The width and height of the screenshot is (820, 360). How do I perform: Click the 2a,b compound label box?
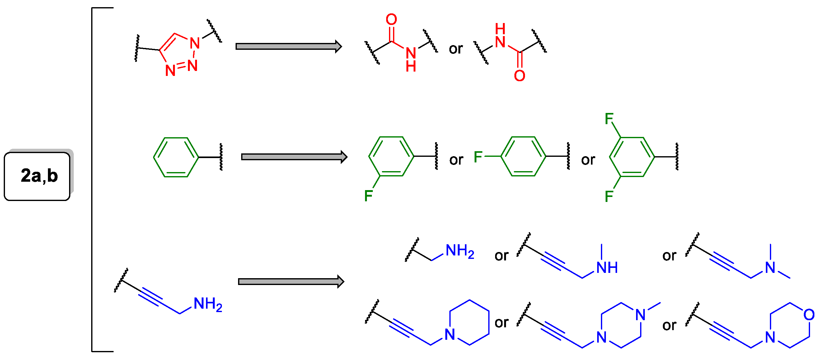(x=37, y=176)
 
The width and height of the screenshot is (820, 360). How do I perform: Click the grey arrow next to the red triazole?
(x=288, y=46)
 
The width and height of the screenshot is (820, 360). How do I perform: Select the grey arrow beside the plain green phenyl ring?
(x=294, y=157)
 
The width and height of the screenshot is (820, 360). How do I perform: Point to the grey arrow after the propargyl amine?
(x=291, y=282)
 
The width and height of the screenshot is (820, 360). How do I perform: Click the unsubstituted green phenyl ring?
(x=176, y=157)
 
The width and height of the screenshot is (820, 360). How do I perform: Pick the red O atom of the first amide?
(x=391, y=19)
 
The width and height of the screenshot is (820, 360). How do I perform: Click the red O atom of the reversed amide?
(x=519, y=76)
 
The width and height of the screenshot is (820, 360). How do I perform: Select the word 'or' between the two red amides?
(x=456, y=49)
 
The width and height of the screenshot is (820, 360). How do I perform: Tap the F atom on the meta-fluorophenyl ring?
(x=368, y=196)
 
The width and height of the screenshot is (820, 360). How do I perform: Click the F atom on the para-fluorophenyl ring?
(x=478, y=157)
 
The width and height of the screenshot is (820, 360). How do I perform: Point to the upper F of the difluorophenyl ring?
(x=609, y=119)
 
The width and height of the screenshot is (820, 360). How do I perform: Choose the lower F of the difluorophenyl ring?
(x=609, y=196)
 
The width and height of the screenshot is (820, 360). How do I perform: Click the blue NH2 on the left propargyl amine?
(x=208, y=304)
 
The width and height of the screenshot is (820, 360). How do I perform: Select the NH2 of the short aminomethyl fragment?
(x=460, y=251)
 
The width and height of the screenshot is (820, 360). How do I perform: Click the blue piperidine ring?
(x=469, y=322)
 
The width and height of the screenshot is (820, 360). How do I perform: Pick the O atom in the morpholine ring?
(x=809, y=315)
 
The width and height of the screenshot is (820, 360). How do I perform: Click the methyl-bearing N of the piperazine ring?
(x=640, y=315)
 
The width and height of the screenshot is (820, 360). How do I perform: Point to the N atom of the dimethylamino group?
(x=770, y=268)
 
